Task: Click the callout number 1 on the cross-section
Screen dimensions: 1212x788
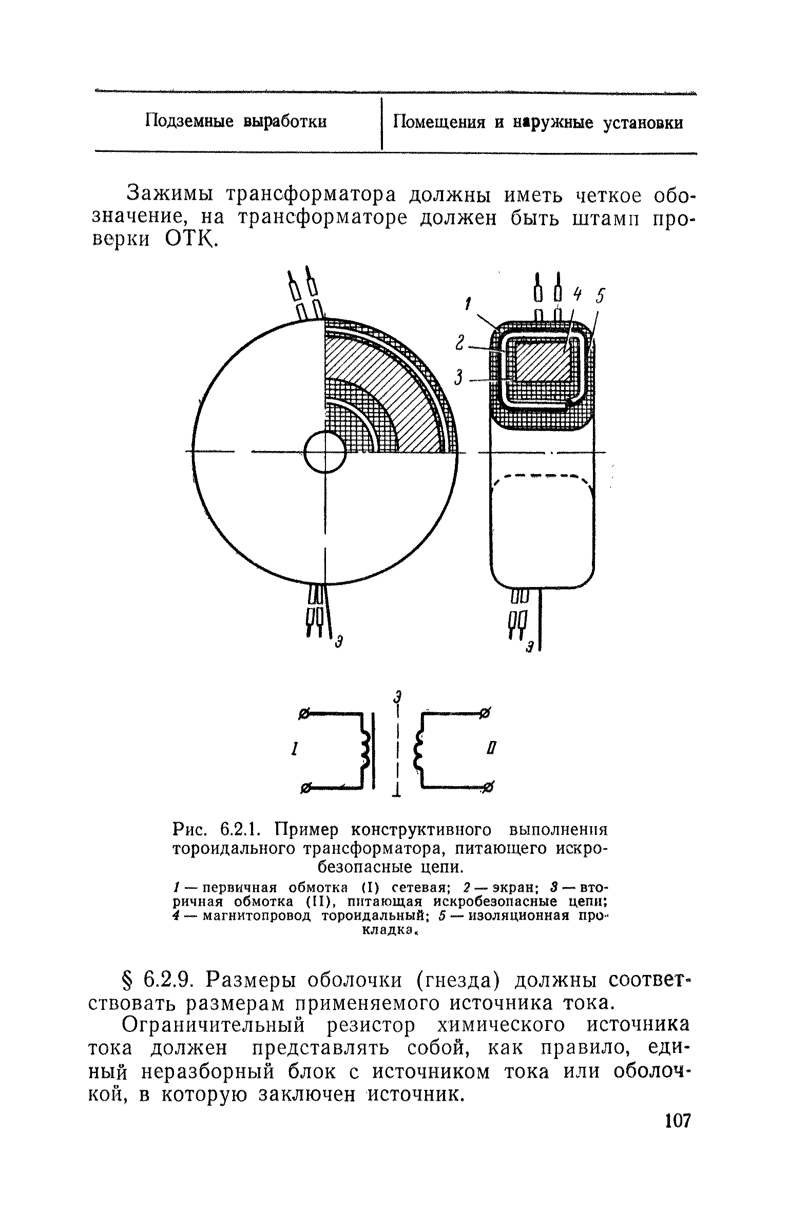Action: pos(468,305)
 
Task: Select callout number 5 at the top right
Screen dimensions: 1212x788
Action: pos(601,297)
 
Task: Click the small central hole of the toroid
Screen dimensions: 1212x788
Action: pos(325,452)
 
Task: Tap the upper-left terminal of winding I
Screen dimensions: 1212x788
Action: pos(304,714)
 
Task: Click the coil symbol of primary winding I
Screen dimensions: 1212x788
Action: pos(366,750)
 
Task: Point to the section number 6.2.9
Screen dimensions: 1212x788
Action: pos(167,981)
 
